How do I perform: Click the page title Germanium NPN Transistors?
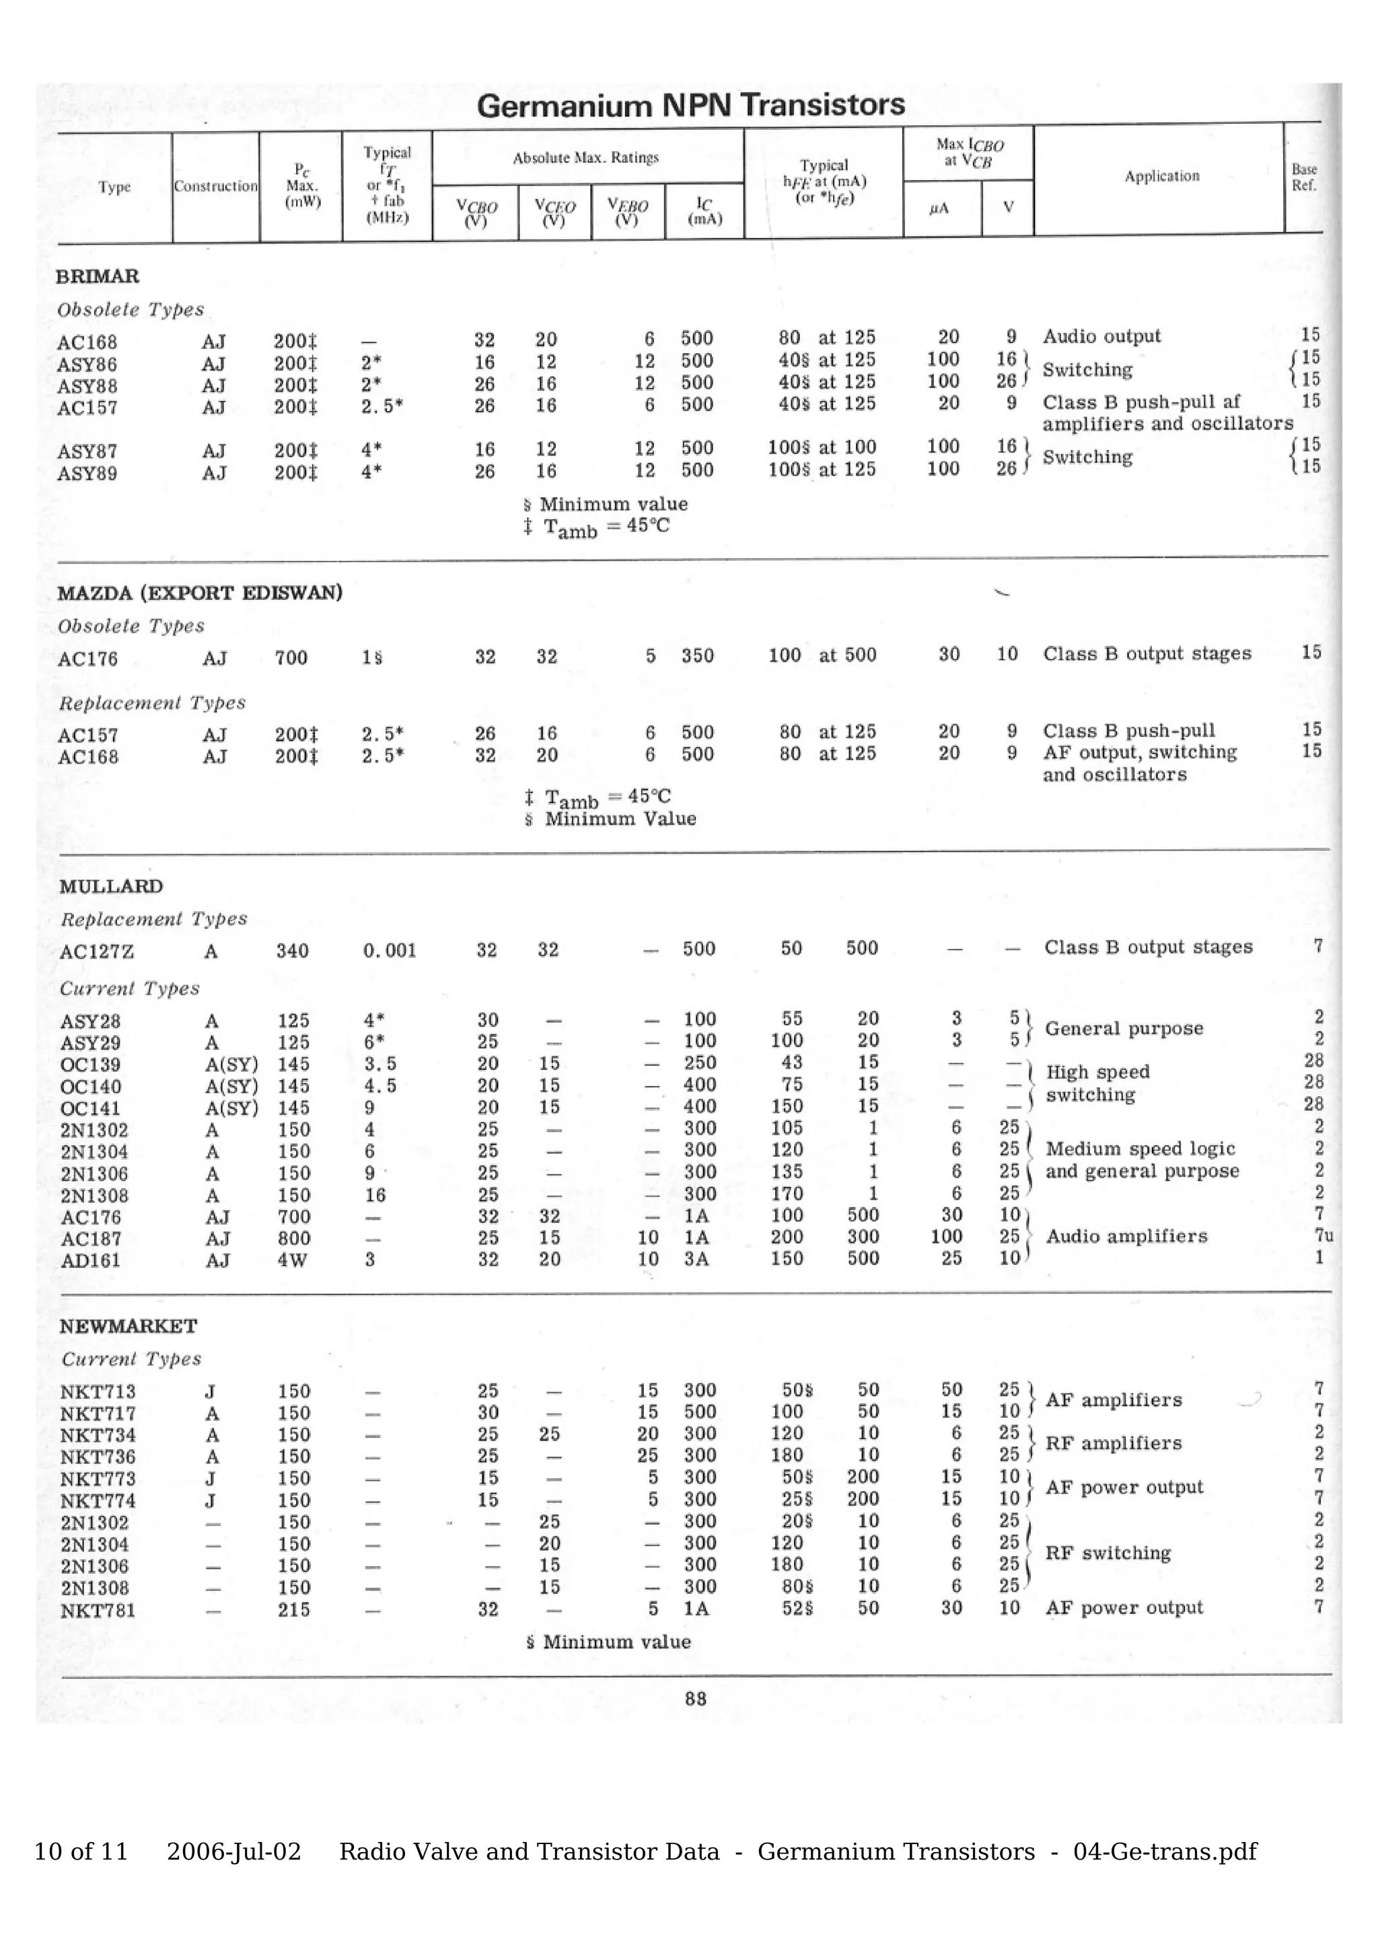[x=690, y=106]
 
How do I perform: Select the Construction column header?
[x=216, y=186]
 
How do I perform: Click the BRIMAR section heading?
[x=98, y=276]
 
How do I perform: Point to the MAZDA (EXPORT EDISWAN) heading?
[x=200, y=593]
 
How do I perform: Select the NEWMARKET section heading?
[x=129, y=1326]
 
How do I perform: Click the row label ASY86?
[x=87, y=365]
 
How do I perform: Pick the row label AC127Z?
[x=97, y=952]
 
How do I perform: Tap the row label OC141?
[x=90, y=1108]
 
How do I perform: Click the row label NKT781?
[x=98, y=1610]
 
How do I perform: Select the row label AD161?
[x=90, y=1260]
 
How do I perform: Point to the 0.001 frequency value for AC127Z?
[x=390, y=951]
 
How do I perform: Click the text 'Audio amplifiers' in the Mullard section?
[x=1126, y=1236]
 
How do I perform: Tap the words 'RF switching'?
[x=1108, y=1553]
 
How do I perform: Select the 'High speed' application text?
[x=1097, y=1072]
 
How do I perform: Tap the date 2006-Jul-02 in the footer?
[x=233, y=1851]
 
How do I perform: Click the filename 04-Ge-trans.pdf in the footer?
[x=1165, y=1851]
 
